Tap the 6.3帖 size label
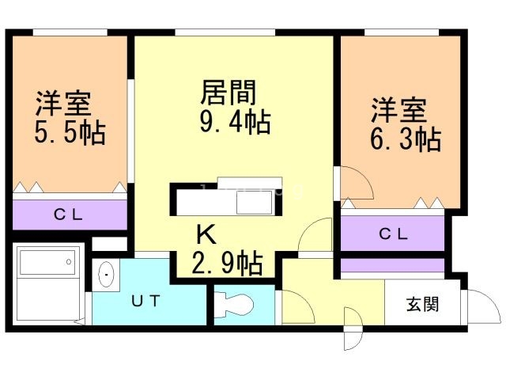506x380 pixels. pyautogui.click(x=406, y=139)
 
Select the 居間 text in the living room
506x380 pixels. pyautogui.click(x=228, y=94)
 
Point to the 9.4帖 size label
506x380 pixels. pyautogui.click(x=235, y=123)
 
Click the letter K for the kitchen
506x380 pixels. pyautogui.click(x=205, y=234)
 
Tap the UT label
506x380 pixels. pyautogui.click(x=146, y=301)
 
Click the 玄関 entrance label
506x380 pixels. pyautogui.click(x=422, y=304)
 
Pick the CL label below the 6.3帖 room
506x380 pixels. pyautogui.click(x=393, y=234)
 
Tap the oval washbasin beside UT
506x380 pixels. pyautogui.click(x=107, y=275)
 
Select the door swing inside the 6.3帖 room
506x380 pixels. pyautogui.click(x=354, y=184)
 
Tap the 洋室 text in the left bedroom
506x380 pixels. pyautogui.click(x=63, y=103)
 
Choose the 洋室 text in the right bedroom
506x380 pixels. pyautogui.click(x=400, y=109)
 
